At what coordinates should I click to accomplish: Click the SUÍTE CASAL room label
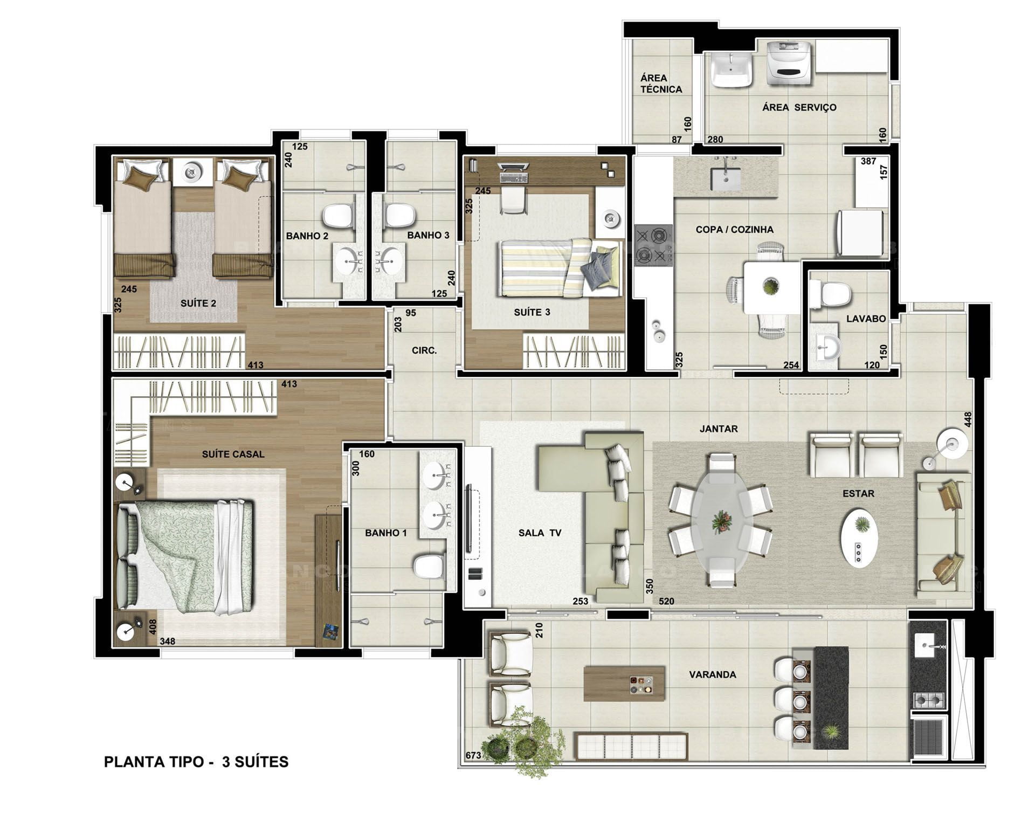233,454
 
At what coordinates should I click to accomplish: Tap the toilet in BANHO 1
429,567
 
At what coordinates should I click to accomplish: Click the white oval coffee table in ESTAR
859,537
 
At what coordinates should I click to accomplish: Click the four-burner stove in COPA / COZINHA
653,245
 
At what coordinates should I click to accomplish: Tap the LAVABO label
866,319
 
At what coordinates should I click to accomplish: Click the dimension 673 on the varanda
473,755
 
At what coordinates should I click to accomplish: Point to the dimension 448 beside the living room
968,420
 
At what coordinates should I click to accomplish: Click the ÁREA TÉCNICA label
661,84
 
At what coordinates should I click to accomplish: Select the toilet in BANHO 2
338,216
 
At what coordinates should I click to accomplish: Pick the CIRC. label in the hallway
424,350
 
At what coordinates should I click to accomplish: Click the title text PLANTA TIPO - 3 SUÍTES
196,762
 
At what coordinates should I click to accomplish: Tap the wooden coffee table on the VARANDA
624,684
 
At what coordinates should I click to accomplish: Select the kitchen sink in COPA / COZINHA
725,178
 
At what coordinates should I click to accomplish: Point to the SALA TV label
540,533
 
